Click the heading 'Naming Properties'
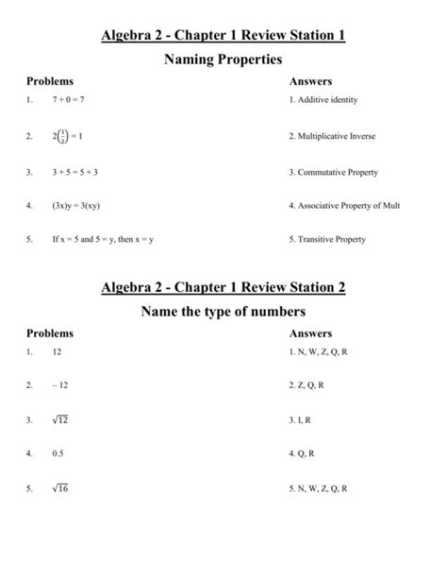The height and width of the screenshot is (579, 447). (223, 60)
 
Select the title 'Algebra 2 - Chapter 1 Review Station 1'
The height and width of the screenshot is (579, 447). (223, 35)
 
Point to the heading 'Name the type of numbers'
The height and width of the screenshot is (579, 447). (223, 311)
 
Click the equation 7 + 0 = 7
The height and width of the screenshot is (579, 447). (69, 100)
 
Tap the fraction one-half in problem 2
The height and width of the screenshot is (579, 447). (62, 136)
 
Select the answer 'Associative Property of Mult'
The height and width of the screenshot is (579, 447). (350, 205)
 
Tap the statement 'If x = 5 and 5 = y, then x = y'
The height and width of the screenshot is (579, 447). (104, 240)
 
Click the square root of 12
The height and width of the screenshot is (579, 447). (61, 418)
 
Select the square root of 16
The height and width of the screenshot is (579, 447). (61, 488)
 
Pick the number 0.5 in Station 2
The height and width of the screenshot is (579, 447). (58, 453)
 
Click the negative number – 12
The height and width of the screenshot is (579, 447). (61, 385)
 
